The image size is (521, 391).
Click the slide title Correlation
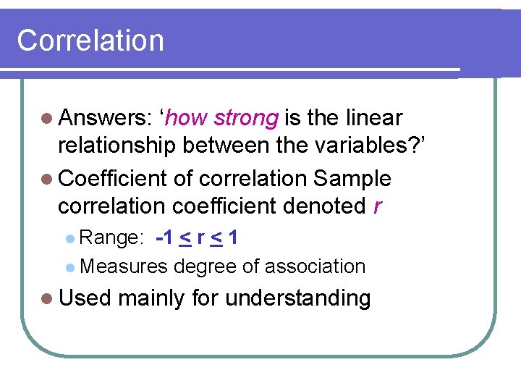coord(90,41)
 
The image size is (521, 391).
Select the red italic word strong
coord(246,118)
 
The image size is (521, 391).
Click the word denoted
coord(323,206)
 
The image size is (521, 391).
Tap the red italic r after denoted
coord(377,207)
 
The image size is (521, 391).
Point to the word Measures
coord(124,266)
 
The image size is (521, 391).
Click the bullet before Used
coord(48,298)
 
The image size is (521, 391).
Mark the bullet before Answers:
coord(48,119)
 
